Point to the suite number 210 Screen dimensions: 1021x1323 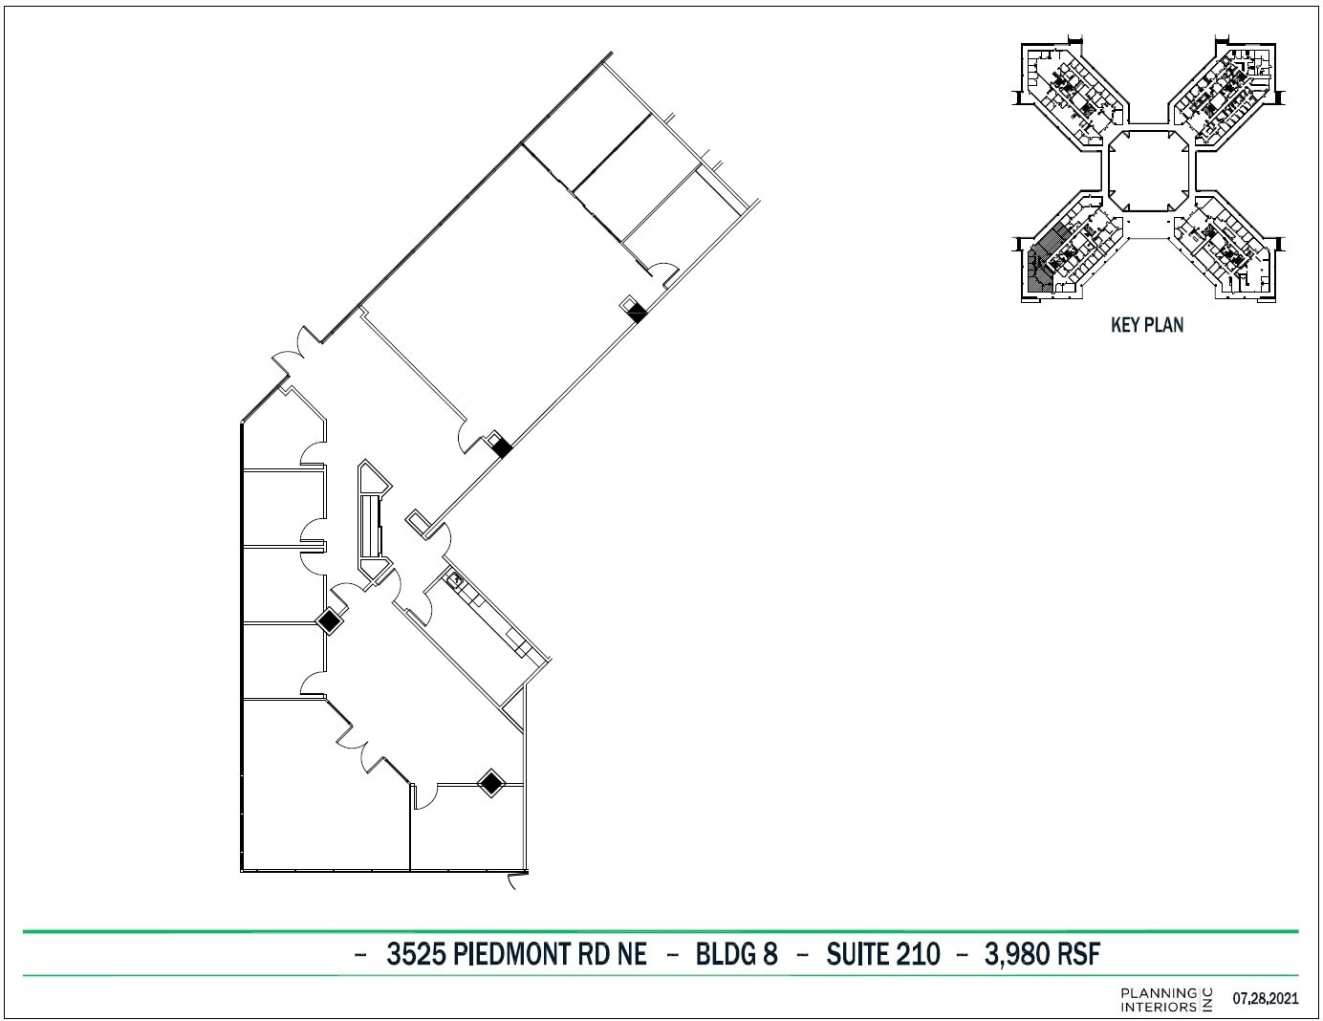pos(918,953)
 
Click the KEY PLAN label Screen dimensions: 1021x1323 pos(1146,325)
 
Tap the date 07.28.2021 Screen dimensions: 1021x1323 pos(1266,999)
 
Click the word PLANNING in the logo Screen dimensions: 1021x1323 pos(1158,993)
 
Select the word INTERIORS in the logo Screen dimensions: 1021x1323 pos(1158,1006)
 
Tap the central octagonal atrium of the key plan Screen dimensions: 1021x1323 pos(1148,169)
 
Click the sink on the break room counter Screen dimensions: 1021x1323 pos(456,578)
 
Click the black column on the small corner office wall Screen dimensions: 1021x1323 pos(490,783)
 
